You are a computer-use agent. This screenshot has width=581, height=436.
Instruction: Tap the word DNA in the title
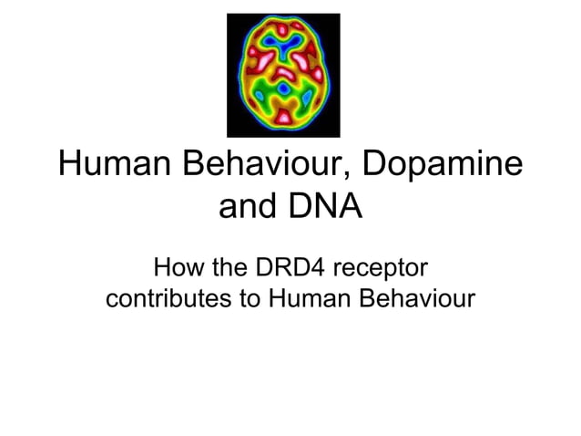pyautogui.click(x=325, y=209)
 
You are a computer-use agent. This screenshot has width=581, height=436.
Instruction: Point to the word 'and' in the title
pyautogui.click(x=250, y=209)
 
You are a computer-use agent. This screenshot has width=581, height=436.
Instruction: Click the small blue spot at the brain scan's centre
pyautogui.click(x=283, y=88)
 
